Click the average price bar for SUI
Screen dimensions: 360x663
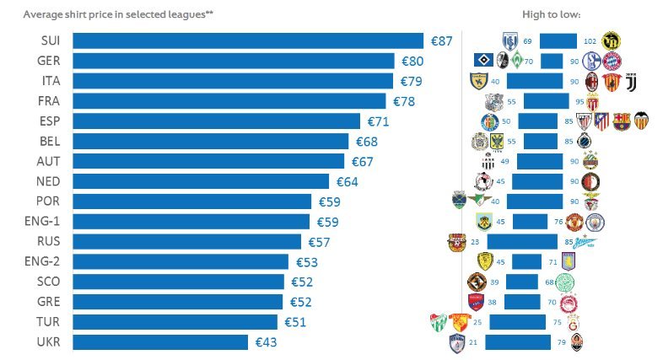click(248, 40)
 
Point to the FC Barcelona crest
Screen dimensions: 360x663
click(621, 121)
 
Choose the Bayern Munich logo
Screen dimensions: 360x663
click(612, 61)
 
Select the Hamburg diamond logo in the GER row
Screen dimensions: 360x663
click(483, 61)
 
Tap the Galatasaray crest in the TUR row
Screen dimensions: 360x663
click(576, 322)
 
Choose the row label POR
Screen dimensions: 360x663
click(48, 201)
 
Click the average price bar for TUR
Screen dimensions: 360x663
click(175, 322)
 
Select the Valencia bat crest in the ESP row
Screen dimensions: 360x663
click(643, 121)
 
